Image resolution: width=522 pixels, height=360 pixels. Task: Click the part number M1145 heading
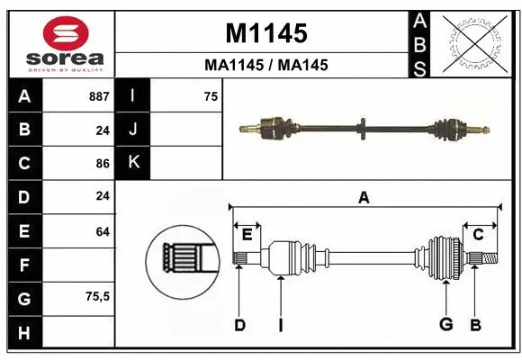tap(265, 34)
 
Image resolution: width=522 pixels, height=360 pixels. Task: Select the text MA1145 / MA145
tap(265, 65)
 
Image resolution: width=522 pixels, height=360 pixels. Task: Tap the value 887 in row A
tap(99, 96)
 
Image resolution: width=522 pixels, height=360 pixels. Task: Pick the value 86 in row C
tap(102, 164)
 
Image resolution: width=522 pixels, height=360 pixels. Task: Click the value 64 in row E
tap(102, 231)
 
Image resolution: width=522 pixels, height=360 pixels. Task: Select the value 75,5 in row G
tap(96, 296)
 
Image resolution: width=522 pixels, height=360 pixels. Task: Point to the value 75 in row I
tap(211, 96)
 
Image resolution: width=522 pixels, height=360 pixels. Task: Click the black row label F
tap(23, 265)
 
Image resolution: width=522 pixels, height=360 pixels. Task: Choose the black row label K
tap(134, 162)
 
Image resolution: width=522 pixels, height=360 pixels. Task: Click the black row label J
tap(134, 130)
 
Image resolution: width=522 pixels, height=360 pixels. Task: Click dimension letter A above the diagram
tap(364, 197)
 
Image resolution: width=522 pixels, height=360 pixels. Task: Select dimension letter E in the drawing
tap(247, 235)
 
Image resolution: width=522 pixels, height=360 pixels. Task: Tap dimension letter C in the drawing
tap(478, 235)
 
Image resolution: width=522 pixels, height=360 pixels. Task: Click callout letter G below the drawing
tap(445, 325)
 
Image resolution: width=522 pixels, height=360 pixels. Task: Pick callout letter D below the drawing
tap(239, 325)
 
